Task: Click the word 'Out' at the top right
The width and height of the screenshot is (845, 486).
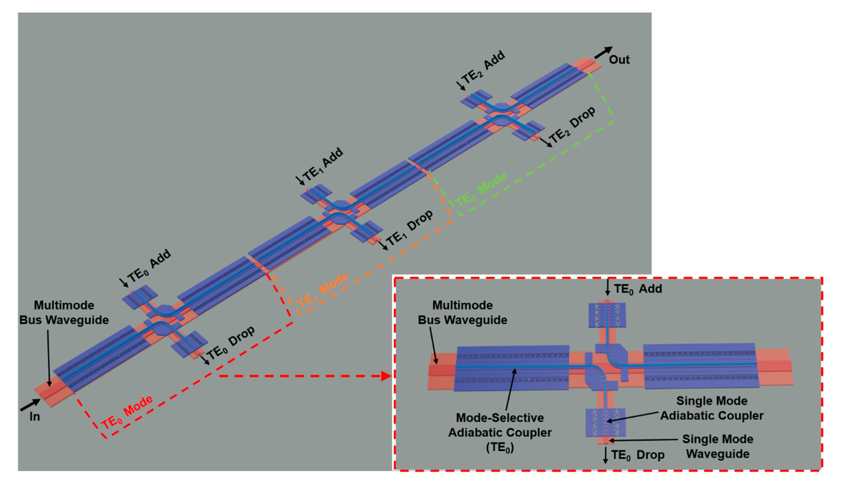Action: click(x=619, y=60)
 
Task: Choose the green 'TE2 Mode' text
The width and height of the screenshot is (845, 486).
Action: click(x=481, y=190)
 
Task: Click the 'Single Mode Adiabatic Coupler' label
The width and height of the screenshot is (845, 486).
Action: click(x=712, y=408)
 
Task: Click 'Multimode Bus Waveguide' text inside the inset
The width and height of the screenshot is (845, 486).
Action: click(x=462, y=312)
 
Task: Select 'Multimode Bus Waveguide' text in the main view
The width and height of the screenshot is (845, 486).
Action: click(x=64, y=312)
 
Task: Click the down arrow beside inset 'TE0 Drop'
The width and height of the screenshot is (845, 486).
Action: click(x=605, y=455)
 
